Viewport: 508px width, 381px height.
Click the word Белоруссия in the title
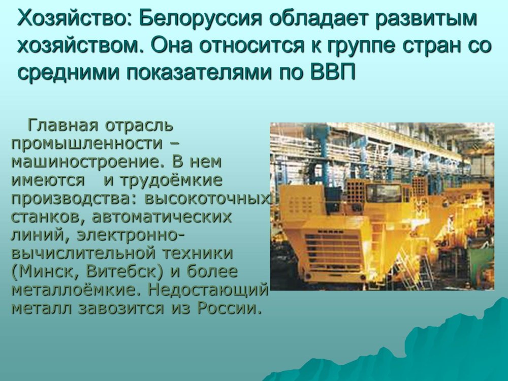200,19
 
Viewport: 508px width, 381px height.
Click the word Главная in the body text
63,125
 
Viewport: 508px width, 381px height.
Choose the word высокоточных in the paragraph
207,199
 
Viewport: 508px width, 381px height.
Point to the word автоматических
162,217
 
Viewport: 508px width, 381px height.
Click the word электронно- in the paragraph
131,235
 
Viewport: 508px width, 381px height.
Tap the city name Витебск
124,271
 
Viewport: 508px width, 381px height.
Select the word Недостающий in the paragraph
208,290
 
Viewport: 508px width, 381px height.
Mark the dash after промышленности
174,144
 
